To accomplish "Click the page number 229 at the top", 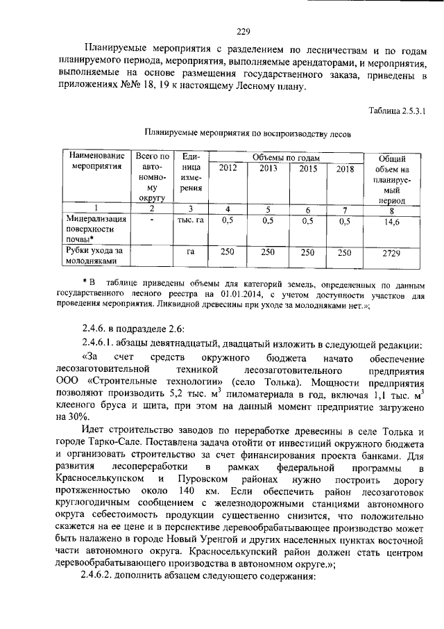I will pos(243,31).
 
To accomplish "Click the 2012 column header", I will pos(227,169).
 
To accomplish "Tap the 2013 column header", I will pos(268,169).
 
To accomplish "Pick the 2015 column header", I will pos(308,169).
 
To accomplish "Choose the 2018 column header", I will pos(344,169).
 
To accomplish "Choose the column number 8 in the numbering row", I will pos(391,211).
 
